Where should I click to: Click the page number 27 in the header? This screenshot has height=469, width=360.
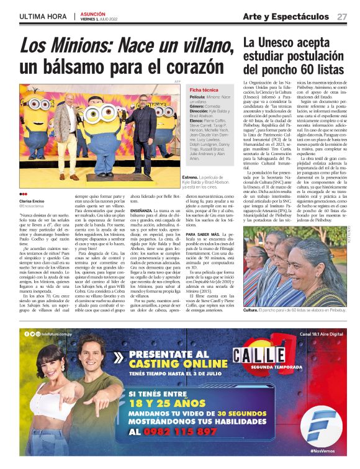pyautogui.click(x=342, y=17)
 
